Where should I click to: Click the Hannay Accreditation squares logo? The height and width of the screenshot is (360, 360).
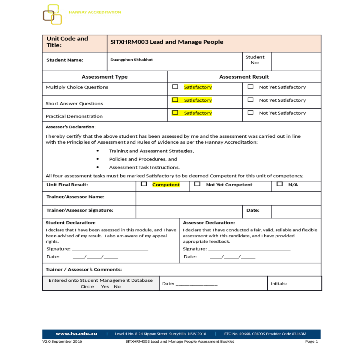[x=52, y=14]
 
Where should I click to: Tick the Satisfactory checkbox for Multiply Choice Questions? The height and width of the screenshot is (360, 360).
[x=175, y=87]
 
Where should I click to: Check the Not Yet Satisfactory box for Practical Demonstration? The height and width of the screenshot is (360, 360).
[x=250, y=112]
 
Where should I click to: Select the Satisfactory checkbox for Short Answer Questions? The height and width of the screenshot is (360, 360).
[x=175, y=100]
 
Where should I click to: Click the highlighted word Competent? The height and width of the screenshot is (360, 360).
[x=166, y=185]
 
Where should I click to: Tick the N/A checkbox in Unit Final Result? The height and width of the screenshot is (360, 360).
[x=280, y=184]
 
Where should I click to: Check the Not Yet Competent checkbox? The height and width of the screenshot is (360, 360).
[x=197, y=184]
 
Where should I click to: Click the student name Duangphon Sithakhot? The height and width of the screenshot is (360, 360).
[x=131, y=60]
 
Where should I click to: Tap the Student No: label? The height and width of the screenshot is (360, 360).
[x=255, y=60]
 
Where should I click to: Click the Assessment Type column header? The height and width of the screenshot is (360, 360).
[x=104, y=77]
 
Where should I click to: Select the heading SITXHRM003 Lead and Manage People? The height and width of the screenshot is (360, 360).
[x=167, y=42]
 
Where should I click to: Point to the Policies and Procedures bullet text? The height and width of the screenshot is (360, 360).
[x=143, y=159]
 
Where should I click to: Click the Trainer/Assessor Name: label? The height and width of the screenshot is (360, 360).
[x=75, y=197]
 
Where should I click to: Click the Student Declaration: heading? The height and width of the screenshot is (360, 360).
[x=70, y=223]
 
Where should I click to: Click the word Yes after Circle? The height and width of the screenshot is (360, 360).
[x=105, y=286]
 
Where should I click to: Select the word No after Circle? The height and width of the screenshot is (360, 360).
[x=117, y=286]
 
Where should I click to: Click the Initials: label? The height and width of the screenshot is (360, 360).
[x=278, y=283]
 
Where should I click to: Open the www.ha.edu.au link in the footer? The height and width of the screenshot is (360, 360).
[x=76, y=334]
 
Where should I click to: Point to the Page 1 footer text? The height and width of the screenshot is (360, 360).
[x=311, y=341]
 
